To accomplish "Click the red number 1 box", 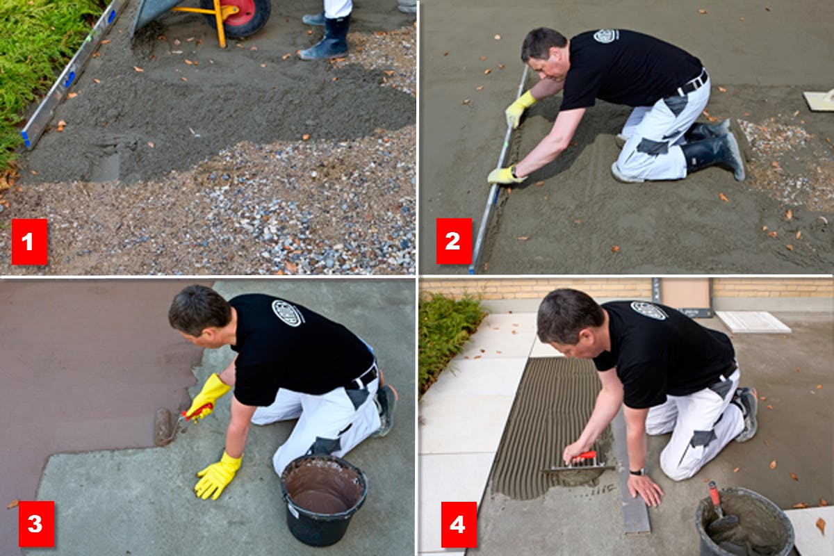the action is point(29,242).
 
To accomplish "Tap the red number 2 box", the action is point(454,241).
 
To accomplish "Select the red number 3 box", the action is point(36,524).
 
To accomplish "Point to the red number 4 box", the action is point(459,524).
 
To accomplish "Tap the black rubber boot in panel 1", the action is point(325,38).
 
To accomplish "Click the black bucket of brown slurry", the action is point(323,500).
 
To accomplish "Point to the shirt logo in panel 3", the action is point(288,313).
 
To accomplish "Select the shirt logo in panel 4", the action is point(649,311).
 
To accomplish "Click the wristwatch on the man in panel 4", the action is point(637,472).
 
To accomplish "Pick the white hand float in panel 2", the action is point(819,100).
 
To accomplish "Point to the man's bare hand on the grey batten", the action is point(645,489).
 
